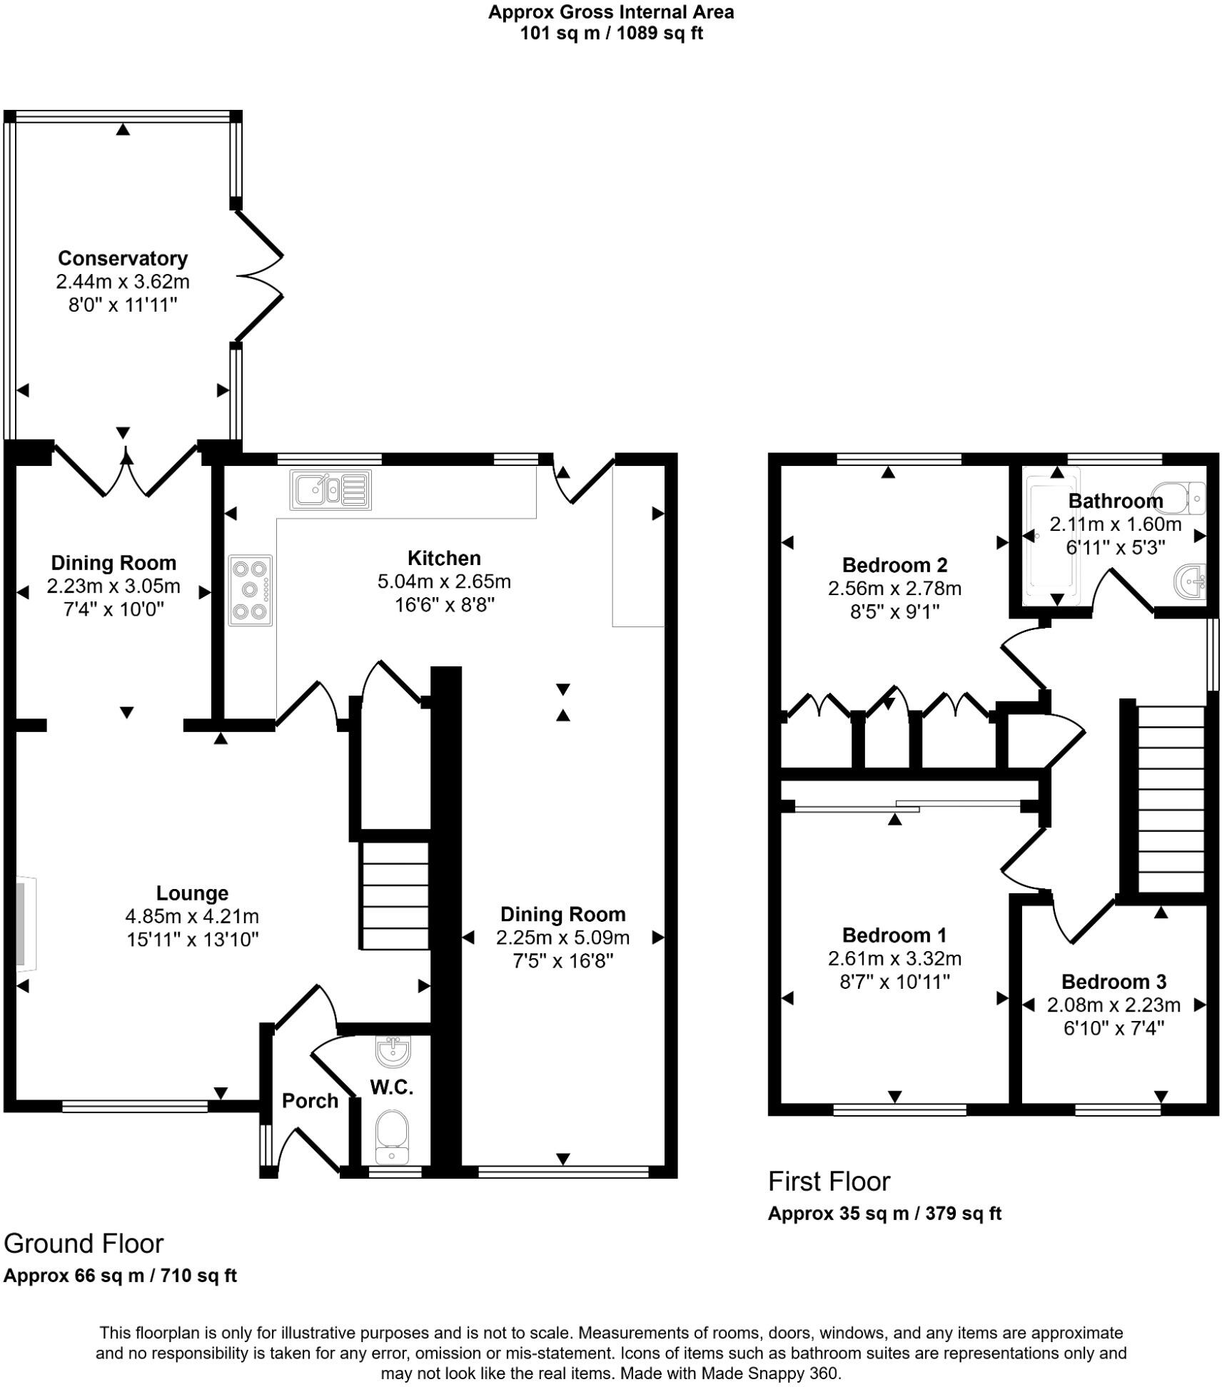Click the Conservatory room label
[x=122, y=258]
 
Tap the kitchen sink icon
[x=330, y=490]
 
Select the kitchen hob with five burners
[x=250, y=591]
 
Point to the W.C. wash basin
[x=393, y=1050]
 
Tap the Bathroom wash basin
[x=1190, y=581]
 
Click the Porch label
[x=310, y=1101]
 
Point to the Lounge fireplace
[x=24, y=923]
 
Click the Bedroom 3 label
[x=1114, y=982]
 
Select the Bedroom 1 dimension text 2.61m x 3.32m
[x=894, y=958]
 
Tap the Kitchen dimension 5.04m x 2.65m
[x=444, y=581]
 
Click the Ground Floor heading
[x=84, y=1244]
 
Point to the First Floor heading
[x=829, y=1182]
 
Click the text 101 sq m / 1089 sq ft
[x=611, y=34]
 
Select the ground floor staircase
[x=395, y=895]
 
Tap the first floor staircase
[x=1171, y=799]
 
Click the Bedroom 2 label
[x=894, y=565]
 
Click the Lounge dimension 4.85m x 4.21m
[x=192, y=916]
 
